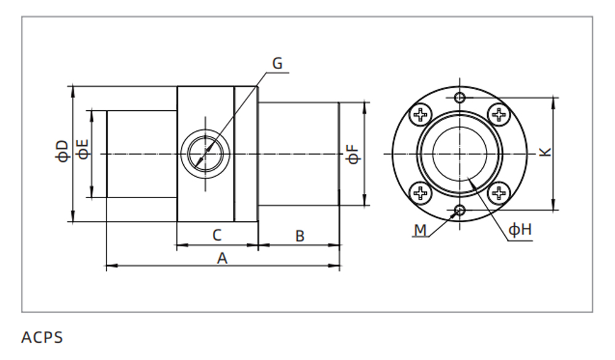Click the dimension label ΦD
(62, 150)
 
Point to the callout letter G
(277, 63)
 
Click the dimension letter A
(222, 258)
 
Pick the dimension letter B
(300, 236)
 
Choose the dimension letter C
(216, 235)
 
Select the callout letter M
(420, 230)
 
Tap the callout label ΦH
(520, 230)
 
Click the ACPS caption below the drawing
(42, 337)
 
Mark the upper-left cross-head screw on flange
(421, 114)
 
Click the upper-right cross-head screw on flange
(498, 114)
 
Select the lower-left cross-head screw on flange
(421, 193)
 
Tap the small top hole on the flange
(460, 97)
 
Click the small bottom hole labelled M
(460, 210)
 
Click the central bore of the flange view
(460, 153)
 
